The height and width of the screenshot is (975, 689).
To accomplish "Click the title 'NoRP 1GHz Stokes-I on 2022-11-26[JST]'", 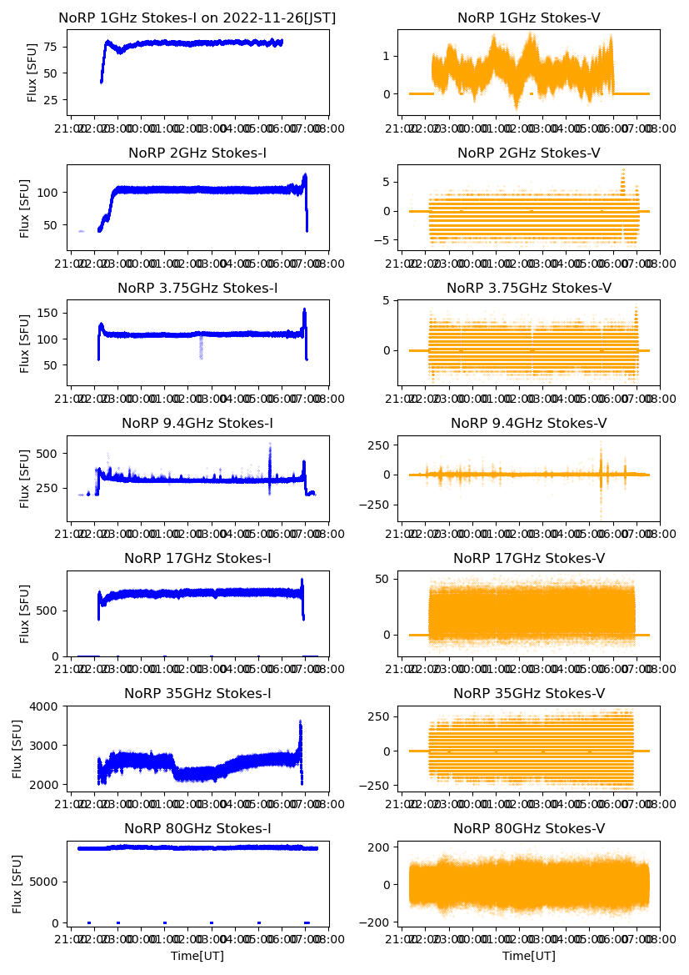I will (x=197, y=18).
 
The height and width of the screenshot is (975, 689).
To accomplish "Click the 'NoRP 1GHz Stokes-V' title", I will (x=529, y=18).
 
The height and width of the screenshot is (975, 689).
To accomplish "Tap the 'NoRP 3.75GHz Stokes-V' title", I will (x=529, y=289).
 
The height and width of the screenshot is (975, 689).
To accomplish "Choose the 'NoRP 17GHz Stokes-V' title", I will (x=529, y=559).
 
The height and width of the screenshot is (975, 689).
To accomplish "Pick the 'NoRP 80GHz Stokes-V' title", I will (x=529, y=829).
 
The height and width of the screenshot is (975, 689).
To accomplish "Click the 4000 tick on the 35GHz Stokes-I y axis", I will (x=46, y=706).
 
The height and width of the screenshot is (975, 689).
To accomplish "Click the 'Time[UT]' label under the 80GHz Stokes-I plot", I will (x=197, y=956).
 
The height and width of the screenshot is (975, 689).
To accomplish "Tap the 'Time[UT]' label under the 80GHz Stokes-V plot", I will (x=529, y=956).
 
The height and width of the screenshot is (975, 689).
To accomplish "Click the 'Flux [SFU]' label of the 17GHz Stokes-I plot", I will (x=25, y=613).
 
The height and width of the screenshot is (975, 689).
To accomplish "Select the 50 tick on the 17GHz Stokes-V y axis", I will (x=384, y=579).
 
